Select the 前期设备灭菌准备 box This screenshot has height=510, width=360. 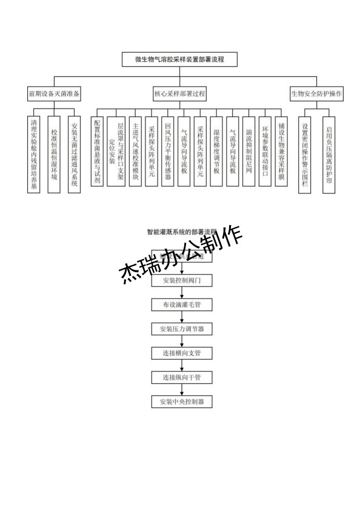54,94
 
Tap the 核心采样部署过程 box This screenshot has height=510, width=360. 180,94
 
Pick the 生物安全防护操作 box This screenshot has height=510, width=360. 317,94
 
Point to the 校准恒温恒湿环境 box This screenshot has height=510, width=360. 55,154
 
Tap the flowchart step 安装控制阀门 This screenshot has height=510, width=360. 182,281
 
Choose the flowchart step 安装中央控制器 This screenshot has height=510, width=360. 182,401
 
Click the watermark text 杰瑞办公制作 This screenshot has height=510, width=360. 182,253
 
